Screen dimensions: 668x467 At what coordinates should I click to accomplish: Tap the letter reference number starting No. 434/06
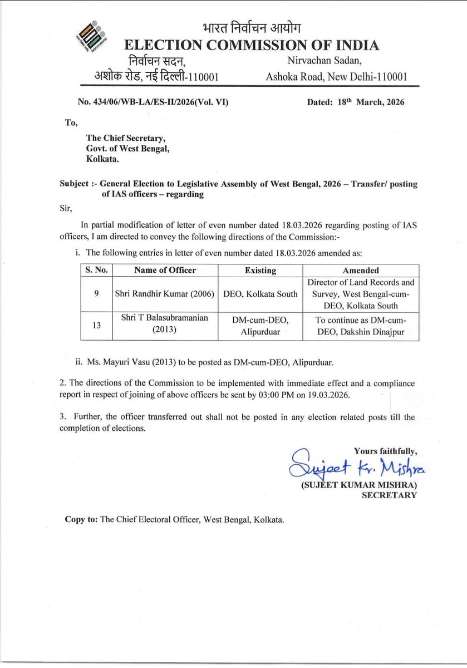[x=153, y=102]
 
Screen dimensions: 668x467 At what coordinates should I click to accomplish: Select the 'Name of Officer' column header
[x=165, y=270]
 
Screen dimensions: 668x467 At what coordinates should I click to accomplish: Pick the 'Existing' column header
[x=260, y=270]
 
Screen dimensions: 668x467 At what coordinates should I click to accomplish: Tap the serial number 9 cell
[x=96, y=294]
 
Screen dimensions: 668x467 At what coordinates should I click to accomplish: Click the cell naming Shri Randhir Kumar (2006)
[x=165, y=294]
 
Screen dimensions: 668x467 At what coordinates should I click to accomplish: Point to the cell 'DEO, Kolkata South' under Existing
[x=260, y=294]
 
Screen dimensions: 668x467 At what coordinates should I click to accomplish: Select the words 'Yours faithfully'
[x=385, y=451]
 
